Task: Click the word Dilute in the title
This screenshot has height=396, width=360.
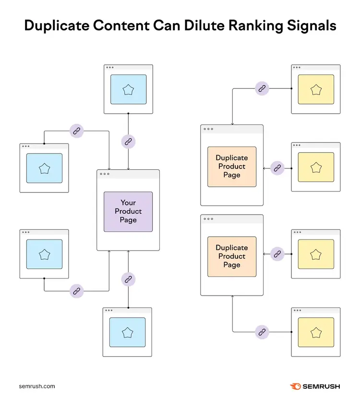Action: pyautogui.click(x=204, y=25)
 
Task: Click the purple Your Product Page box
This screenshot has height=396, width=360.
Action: pyautogui.click(x=128, y=212)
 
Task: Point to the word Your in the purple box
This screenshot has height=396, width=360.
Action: pyautogui.click(x=128, y=203)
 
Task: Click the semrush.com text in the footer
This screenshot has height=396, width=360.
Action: pyautogui.click(x=37, y=386)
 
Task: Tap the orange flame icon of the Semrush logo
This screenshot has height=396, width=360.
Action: pyautogui.click(x=295, y=386)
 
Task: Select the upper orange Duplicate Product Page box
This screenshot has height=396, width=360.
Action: pyautogui.click(x=232, y=167)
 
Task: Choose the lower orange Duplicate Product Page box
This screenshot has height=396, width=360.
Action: pyautogui.click(x=232, y=257)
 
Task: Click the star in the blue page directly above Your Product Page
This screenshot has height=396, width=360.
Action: pyautogui.click(x=128, y=90)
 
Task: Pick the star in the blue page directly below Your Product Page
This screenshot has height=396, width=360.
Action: pyautogui.click(x=127, y=333)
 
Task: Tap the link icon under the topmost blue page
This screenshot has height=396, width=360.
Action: pyautogui.click(x=128, y=142)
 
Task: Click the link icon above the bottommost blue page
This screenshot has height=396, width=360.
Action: pyautogui.click(x=128, y=279)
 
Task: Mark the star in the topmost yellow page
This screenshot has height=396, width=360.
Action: pyautogui.click(x=316, y=90)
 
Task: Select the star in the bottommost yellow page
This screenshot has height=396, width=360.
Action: pyautogui.click(x=316, y=333)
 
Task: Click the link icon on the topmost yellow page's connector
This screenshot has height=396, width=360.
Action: pyautogui.click(x=262, y=88)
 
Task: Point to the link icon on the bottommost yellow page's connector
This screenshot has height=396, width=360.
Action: pyautogui.click(x=262, y=332)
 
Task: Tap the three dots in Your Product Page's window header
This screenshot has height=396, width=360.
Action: pyautogui.click(x=105, y=174)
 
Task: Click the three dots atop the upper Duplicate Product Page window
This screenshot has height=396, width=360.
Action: pyautogui.click(x=208, y=129)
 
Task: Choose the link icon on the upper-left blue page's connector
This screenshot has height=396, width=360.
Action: pyautogui.click(x=76, y=131)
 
